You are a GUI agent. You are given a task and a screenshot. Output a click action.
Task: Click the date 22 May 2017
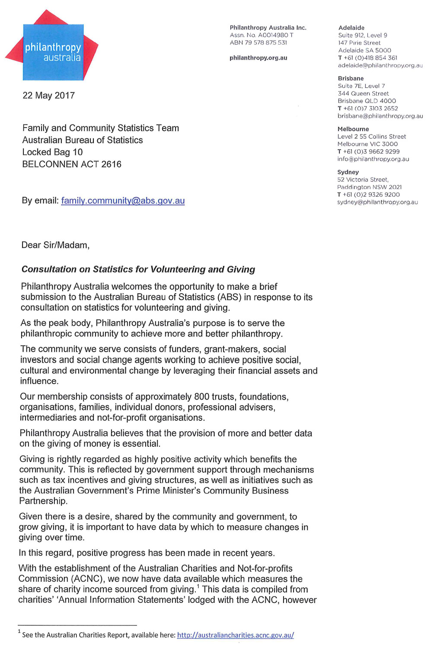tap(48, 96)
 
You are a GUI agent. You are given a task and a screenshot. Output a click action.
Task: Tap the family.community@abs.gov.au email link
tap(123, 201)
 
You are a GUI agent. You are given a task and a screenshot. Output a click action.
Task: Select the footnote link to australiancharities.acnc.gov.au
tap(235, 635)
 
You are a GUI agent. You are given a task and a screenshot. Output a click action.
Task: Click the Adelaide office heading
tap(351, 28)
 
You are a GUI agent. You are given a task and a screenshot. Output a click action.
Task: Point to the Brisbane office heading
tap(351, 78)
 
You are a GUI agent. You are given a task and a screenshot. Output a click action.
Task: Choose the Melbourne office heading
tap(353, 129)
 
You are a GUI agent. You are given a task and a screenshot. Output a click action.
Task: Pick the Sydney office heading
tap(348, 172)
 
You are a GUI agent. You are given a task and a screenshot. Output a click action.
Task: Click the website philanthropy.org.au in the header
tap(258, 58)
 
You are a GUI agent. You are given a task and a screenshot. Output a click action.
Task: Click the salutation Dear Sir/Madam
tap(55, 245)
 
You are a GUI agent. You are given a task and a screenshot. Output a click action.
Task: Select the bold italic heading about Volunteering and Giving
tap(138, 269)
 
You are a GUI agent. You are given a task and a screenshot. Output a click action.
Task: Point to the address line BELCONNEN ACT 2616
tap(72, 164)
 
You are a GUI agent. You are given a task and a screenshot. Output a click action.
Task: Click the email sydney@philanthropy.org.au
tap(377, 202)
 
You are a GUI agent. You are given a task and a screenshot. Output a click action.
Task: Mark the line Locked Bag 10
tap(52, 152)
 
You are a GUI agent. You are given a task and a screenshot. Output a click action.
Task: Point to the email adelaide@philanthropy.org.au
tap(380, 65)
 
